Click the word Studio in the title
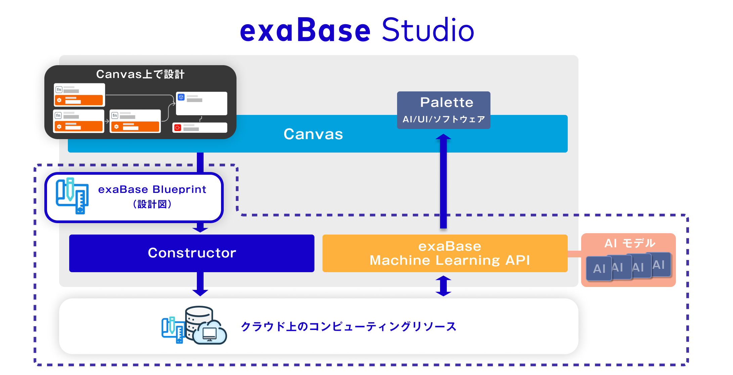pyautogui.click(x=428, y=30)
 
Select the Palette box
pyautogui.click(x=443, y=110)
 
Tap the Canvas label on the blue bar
pyautogui.click(x=313, y=134)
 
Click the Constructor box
pyautogui.click(x=192, y=253)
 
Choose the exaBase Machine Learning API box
pyautogui.click(x=445, y=253)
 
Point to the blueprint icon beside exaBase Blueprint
pyautogui.click(x=72, y=196)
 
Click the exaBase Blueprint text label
pyautogui.click(x=152, y=196)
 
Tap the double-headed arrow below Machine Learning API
pyautogui.click(x=443, y=286)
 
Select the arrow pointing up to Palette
pyautogui.click(x=443, y=181)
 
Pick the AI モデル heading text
pyautogui.click(x=630, y=243)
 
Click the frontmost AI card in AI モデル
pyautogui.click(x=599, y=268)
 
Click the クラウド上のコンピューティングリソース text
pyautogui.click(x=349, y=326)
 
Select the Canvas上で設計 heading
pyautogui.click(x=140, y=74)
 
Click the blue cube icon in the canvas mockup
pyautogui.click(x=181, y=97)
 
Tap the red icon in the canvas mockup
pyautogui.click(x=178, y=128)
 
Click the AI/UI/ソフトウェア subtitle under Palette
pyautogui.click(x=444, y=119)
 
